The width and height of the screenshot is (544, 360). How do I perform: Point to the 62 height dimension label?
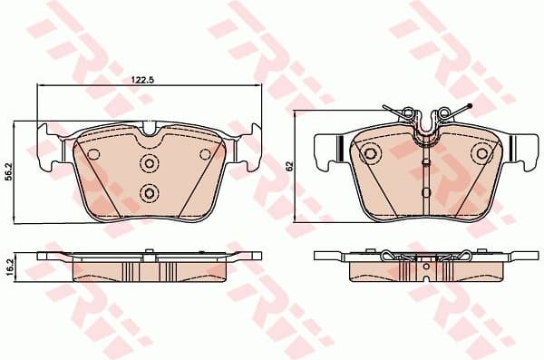[291, 167]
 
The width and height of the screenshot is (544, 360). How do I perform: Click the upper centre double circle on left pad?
[149, 162]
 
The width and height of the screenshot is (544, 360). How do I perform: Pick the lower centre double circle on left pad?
[149, 191]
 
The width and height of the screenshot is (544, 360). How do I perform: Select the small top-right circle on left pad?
[205, 154]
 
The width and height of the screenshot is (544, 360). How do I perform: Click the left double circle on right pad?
[370, 154]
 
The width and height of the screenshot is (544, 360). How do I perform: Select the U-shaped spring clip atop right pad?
[425, 127]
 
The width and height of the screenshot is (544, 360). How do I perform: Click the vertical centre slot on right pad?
[425, 177]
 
